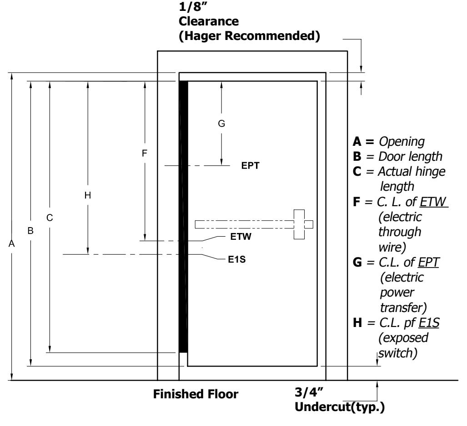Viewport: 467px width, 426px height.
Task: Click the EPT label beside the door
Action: pos(250,165)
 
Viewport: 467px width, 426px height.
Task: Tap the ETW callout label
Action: pos(241,237)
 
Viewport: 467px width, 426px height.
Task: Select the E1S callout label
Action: pos(237,259)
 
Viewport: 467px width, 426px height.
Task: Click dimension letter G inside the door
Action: pos(221,124)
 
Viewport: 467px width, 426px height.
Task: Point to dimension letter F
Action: pos(145,153)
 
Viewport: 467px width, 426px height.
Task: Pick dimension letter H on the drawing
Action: pos(88,195)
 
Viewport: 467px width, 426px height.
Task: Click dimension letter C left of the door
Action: pos(50,218)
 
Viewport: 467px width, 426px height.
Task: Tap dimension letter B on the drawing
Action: pos(30,231)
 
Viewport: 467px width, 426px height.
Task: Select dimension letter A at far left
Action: pos(12,244)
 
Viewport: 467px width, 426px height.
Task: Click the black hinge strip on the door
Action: pos(183,217)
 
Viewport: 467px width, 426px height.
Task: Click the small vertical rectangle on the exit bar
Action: pos(299,224)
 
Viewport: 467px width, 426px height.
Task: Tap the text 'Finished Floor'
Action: pos(196,394)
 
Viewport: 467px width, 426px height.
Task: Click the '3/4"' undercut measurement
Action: pos(309,392)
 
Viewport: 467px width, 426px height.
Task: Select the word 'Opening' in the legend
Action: pos(402,142)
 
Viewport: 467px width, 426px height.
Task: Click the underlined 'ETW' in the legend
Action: pos(433,202)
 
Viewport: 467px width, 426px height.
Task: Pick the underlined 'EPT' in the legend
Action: pos(428,263)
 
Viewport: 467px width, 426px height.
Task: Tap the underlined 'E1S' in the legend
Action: pos(429,323)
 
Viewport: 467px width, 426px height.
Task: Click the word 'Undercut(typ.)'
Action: pos(340,407)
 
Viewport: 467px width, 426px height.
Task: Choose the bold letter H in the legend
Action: pos(357,323)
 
